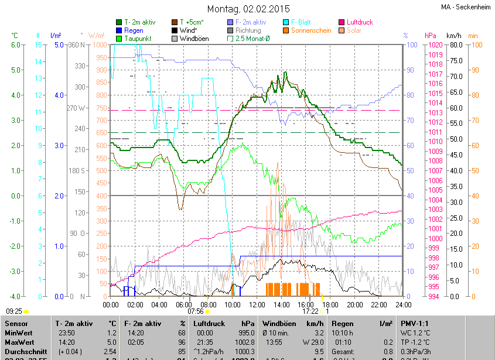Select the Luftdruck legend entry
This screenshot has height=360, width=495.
pos(356,22)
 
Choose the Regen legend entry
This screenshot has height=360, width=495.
pos(134,30)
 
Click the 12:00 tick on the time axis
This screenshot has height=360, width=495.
pos(257,304)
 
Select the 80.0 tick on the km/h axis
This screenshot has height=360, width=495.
pos(455,45)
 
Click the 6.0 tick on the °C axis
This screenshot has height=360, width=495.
pos(16,45)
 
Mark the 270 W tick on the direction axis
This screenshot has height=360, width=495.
pos(77,108)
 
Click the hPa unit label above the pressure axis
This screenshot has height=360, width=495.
pos(431,36)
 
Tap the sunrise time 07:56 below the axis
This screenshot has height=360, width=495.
pos(195,311)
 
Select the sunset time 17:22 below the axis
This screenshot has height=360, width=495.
pos(310,311)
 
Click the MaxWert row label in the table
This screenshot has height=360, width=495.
pos(19,341)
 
